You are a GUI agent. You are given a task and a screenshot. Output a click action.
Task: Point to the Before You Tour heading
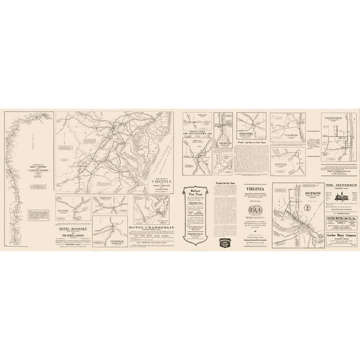tap(195, 192)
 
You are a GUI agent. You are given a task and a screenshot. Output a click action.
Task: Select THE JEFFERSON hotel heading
tap(341, 185)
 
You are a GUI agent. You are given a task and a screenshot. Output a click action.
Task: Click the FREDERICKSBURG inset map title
tap(339, 117)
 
